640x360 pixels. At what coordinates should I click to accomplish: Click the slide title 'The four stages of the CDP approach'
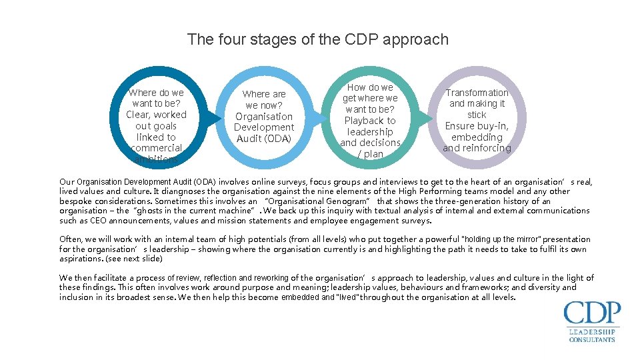point(318,39)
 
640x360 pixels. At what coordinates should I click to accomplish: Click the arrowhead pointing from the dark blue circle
point(215,119)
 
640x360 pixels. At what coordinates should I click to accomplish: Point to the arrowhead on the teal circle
point(429,119)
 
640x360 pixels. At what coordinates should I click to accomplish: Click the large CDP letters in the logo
point(592,313)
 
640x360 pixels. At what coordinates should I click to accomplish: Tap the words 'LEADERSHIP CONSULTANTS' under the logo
point(592,335)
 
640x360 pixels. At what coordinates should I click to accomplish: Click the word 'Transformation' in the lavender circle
point(477,93)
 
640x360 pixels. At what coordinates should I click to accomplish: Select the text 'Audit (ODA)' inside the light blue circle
point(264,139)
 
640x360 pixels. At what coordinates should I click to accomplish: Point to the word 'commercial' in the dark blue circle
point(157,148)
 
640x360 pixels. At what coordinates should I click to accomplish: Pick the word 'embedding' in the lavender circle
point(477,137)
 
